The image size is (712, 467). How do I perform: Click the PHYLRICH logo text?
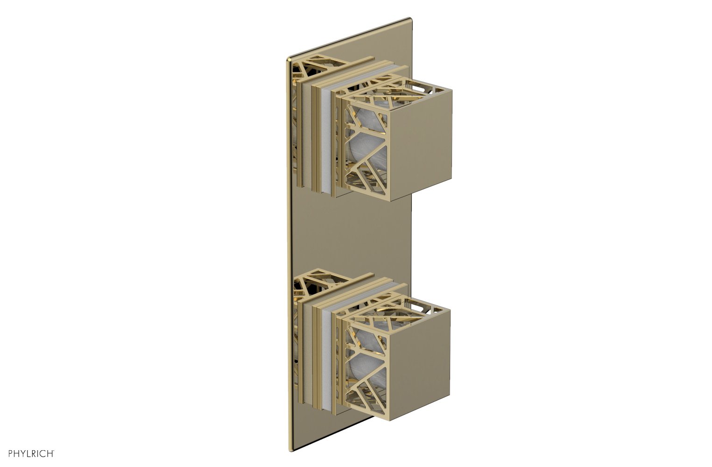tap(28, 453)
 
